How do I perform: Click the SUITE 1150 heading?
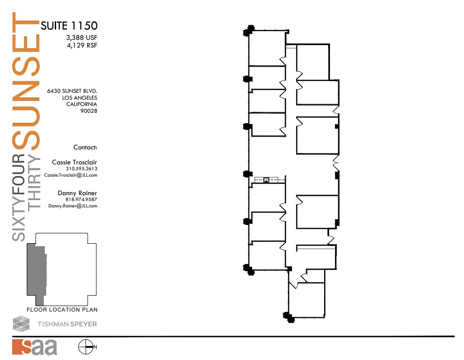(x=69, y=25)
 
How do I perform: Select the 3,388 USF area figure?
(x=82, y=38)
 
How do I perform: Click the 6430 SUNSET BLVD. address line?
(x=72, y=91)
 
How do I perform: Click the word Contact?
(x=85, y=147)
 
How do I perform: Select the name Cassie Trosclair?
(x=74, y=162)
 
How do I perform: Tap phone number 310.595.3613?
(x=81, y=169)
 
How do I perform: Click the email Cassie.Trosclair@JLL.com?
(x=71, y=175)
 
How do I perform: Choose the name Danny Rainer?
(x=77, y=193)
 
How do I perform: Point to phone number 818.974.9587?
(x=81, y=199)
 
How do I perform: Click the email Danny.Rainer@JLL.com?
(x=73, y=206)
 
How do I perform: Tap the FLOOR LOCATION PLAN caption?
(x=62, y=310)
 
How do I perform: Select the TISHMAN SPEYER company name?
(x=70, y=324)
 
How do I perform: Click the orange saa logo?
(x=34, y=347)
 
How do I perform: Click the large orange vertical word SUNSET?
(x=26, y=82)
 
